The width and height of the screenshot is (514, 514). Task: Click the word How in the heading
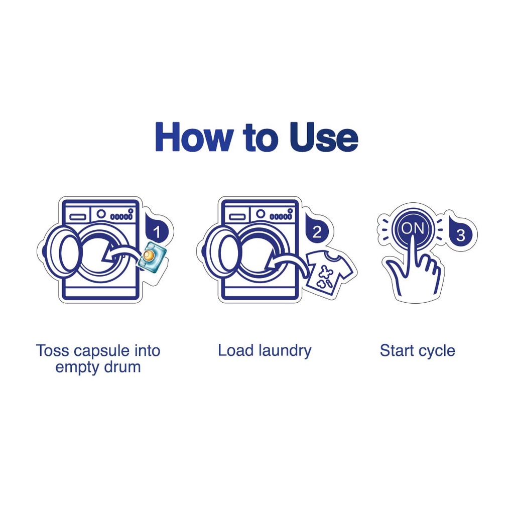click(x=195, y=137)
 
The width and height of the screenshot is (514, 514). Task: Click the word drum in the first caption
click(x=121, y=367)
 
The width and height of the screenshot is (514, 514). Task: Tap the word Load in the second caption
click(x=235, y=350)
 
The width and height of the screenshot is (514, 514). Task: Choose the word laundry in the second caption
click(x=285, y=351)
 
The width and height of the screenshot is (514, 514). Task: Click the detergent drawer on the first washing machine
click(x=78, y=217)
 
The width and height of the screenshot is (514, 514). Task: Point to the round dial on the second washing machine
click(x=261, y=214)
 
